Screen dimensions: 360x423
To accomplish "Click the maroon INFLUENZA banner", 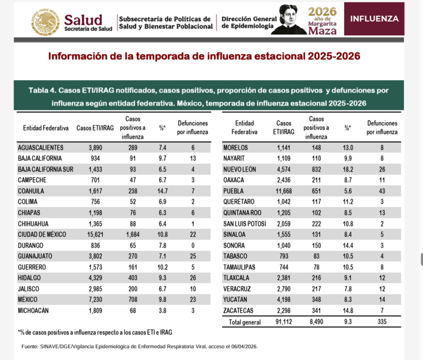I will pyautogui.click(x=374, y=19).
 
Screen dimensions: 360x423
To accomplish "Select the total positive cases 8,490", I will pyautogui.click(x=317, y=321).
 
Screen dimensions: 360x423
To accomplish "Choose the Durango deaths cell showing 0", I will pyautogui.click(x=192, y=246).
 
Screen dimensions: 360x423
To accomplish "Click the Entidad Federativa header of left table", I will pyautogui.click(x=45, y=128).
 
